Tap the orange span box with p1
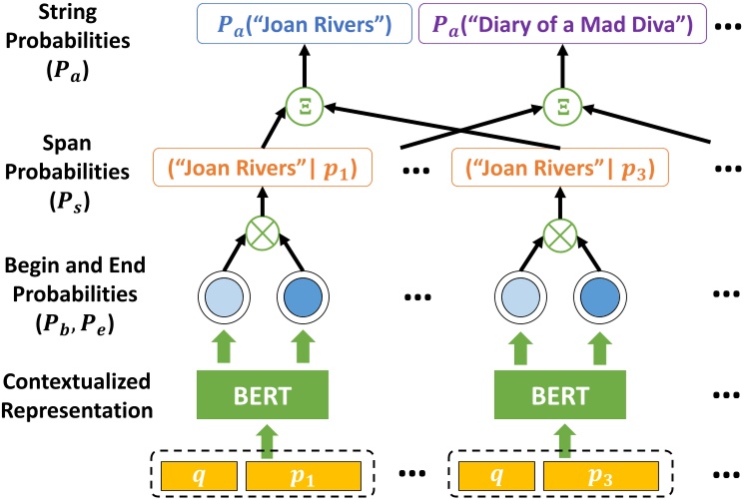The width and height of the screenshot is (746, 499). (262, 168)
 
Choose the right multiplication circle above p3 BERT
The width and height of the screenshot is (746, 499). (557, 234)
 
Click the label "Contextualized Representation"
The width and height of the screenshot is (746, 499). (77, 395)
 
